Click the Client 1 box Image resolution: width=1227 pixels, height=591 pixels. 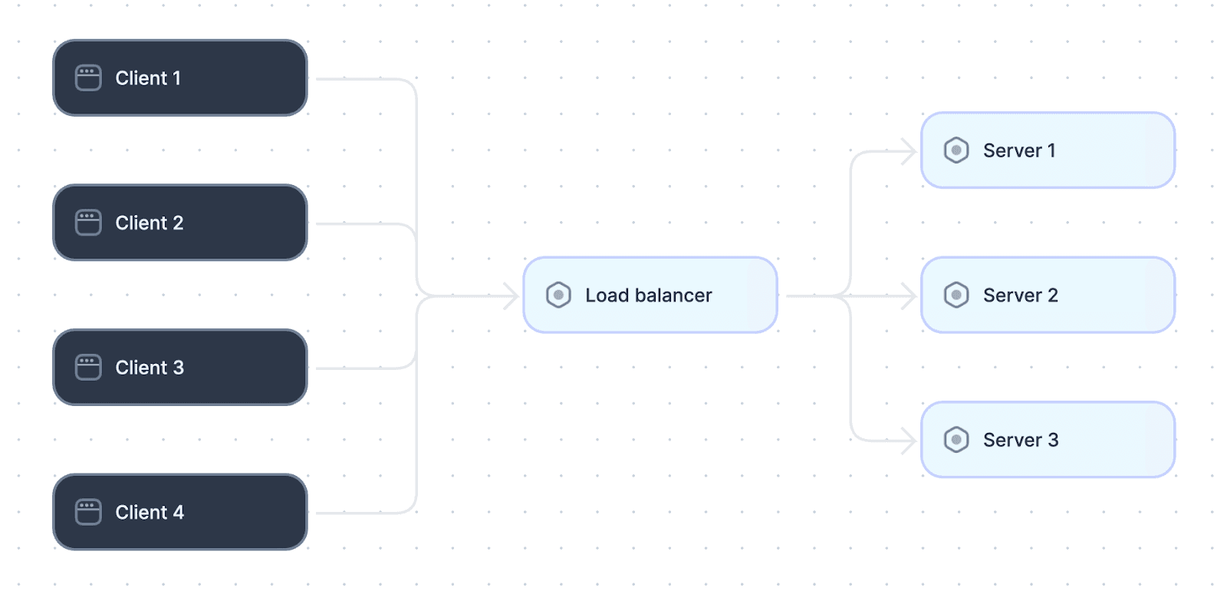point(179,78)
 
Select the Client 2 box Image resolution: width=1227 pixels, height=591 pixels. point(179,223)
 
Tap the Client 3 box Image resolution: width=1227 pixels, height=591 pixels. point(179,368)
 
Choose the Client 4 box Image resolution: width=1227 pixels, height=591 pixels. point(179,512)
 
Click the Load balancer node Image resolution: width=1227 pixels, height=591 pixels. point(650,295)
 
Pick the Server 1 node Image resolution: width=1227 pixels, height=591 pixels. point(1048,150)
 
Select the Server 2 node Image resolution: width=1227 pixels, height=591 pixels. point(1048,295)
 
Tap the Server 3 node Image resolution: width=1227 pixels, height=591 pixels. point(1048,440)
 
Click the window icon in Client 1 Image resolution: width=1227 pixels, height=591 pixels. point(88,78)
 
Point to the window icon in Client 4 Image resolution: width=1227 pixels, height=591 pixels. point(88,512)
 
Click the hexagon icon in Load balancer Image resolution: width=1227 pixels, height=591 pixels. point(558,295)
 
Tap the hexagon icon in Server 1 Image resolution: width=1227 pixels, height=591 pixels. point(956,150)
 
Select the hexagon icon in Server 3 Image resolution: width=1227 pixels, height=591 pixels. point(956,440)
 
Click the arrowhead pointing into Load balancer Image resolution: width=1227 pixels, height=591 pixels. point(512,296)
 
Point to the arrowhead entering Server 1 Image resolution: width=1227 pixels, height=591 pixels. point(910,151)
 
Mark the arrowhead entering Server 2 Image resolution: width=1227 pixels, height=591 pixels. point(910,296)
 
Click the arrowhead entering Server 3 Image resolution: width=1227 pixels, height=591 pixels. point(910,441)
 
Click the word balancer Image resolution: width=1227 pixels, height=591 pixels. point(673,295)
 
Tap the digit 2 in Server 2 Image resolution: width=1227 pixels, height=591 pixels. point(1052,295)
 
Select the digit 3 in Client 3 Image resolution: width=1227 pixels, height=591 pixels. point(179,368)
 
